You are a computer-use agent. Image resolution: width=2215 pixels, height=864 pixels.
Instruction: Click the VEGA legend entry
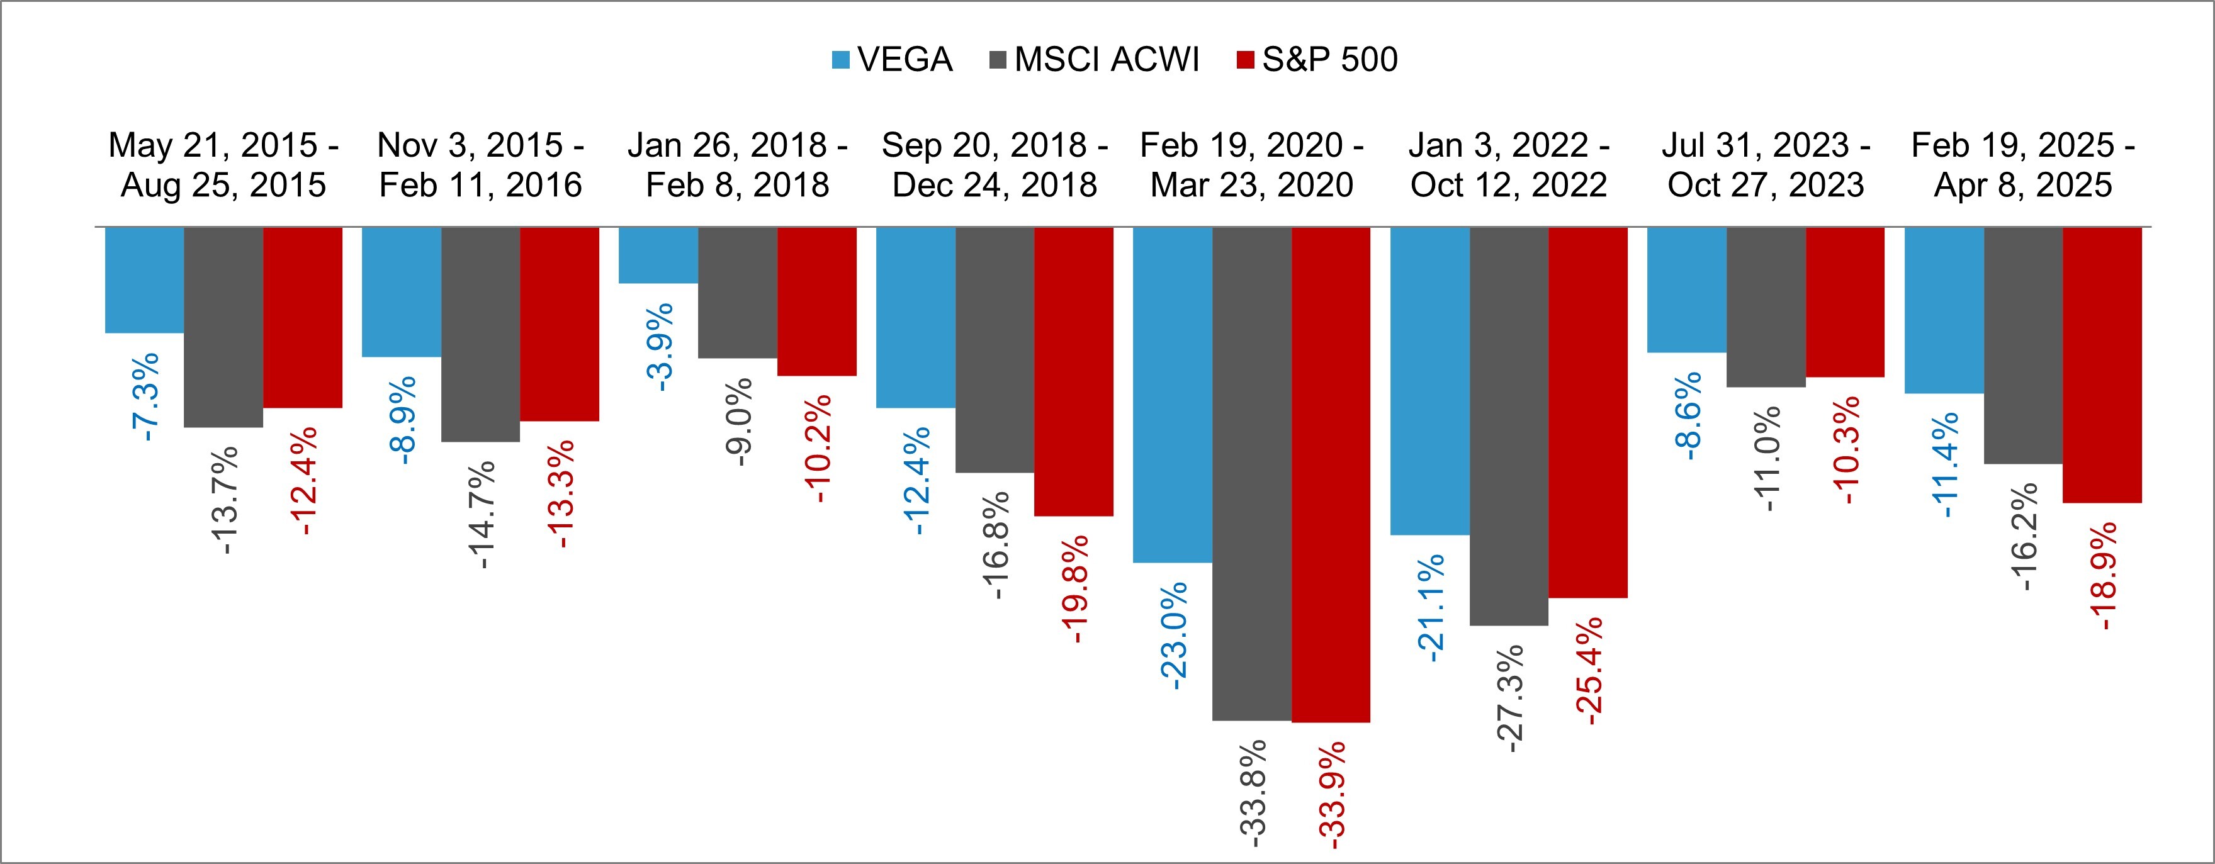point(893,59)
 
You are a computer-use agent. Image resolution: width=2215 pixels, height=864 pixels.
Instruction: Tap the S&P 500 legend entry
point(1316,59)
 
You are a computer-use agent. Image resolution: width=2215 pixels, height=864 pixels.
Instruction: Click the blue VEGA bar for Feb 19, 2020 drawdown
point(1172,395)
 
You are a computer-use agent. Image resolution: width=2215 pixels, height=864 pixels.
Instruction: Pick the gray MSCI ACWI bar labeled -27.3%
point(1508,425)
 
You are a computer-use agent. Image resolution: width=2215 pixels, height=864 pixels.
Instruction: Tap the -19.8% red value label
point(1076,589)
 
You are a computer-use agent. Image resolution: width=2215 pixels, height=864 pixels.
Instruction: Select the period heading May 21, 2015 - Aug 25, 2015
point(223,165)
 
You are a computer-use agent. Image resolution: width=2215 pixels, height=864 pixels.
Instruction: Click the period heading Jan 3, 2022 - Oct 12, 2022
point(1508,165)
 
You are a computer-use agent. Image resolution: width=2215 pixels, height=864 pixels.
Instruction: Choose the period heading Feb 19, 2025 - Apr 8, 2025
point(2022,165)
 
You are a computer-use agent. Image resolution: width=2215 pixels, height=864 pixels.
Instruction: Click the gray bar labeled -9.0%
point(737,292)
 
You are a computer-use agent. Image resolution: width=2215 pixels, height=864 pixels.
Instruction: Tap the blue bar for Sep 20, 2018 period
point(915,317)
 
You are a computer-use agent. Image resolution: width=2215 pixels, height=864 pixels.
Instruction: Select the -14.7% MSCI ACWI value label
point(483,514)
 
